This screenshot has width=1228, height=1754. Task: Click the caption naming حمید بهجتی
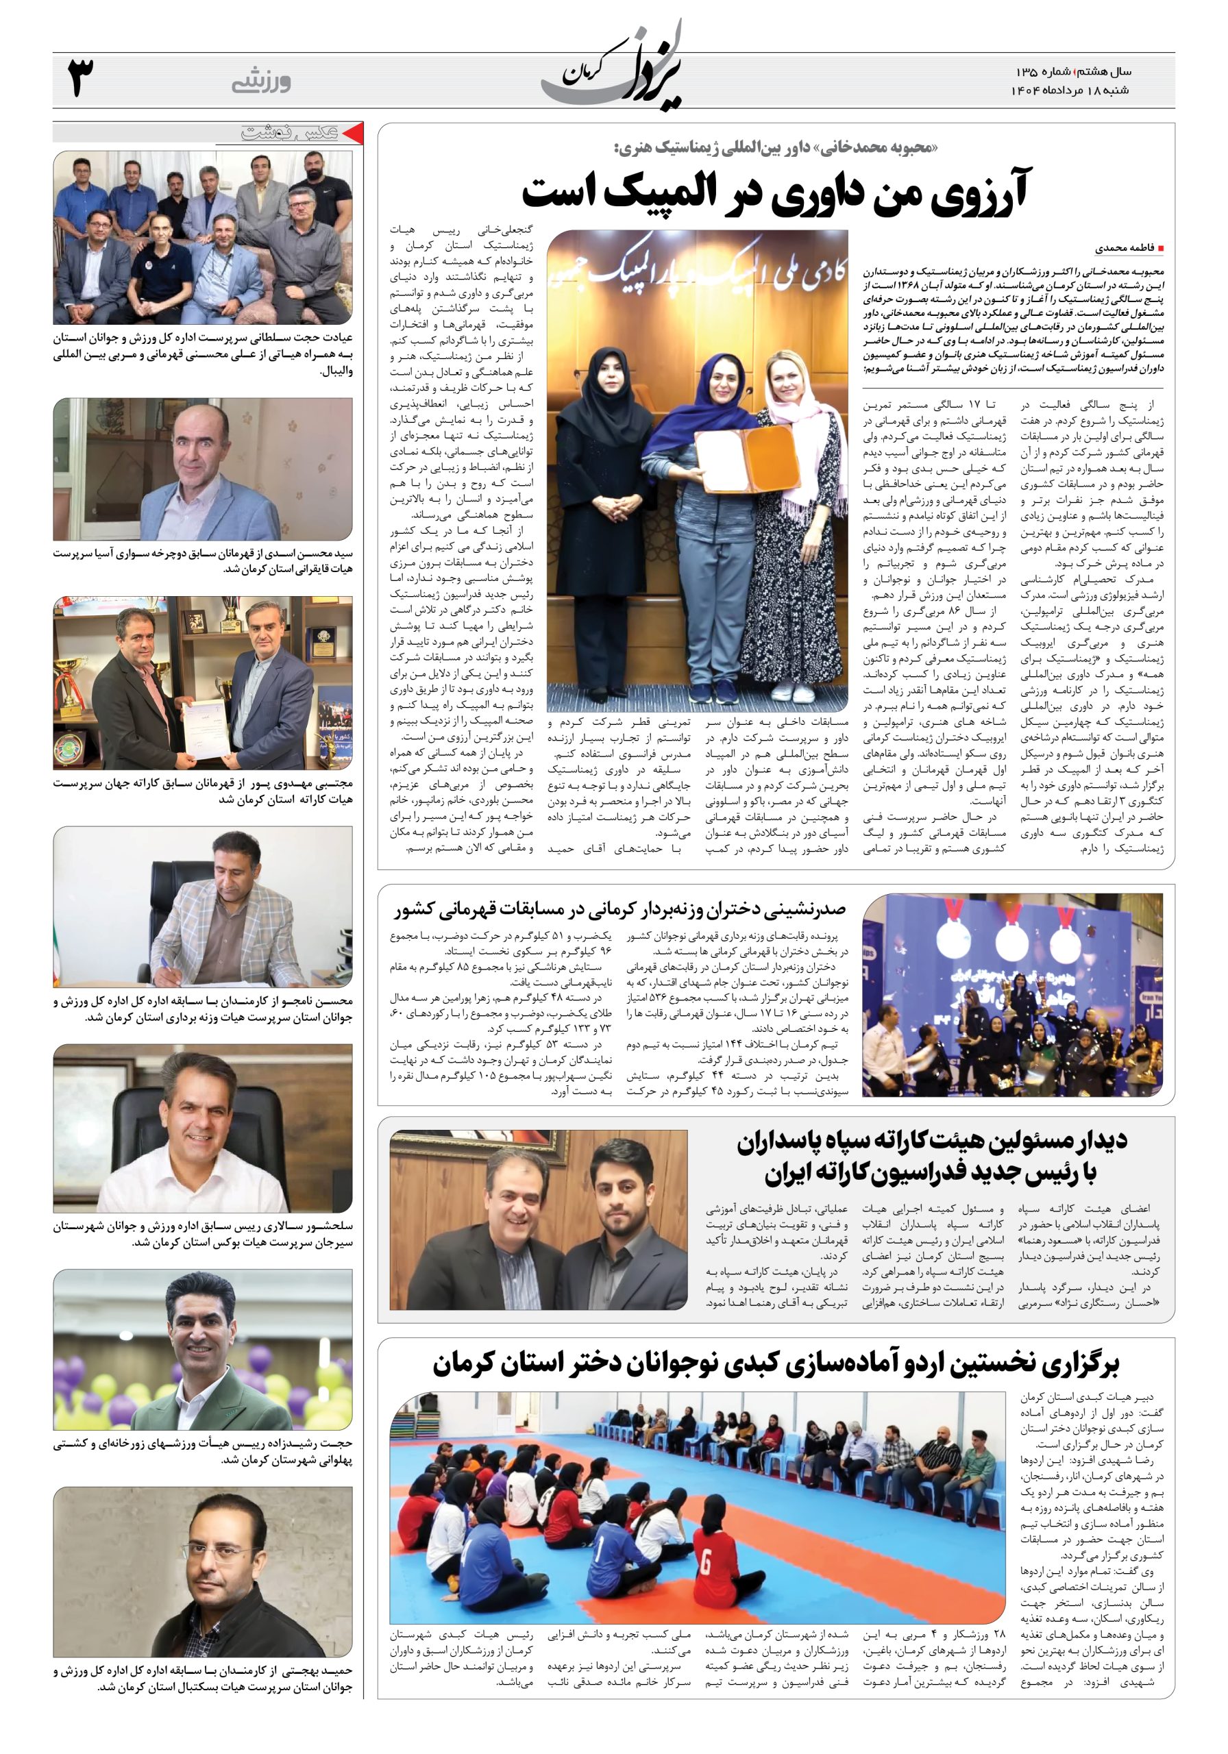coord(204,1719)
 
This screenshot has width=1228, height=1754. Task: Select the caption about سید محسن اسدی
coord(204,560)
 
